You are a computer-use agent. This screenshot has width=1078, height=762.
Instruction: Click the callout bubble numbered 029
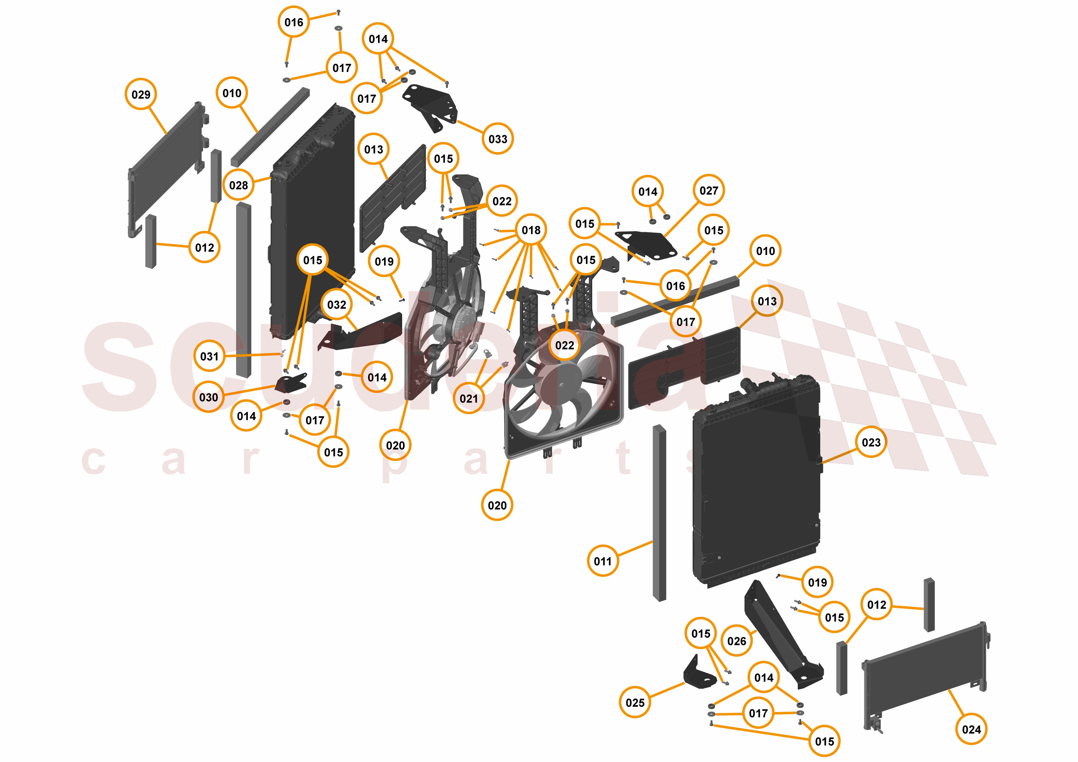pyautogui.click(x=141, y=94)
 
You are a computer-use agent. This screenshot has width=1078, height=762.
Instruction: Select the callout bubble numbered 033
pyautogui.click(x=498, y=139)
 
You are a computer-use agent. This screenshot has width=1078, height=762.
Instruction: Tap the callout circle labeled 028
pyautogui.click(x=238, y=185)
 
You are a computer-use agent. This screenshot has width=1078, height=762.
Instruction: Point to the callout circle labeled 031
pyautogui.click(x=209, y=356)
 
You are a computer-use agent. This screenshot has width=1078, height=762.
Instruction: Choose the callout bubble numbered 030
pyautogui.click(x=209, y=398)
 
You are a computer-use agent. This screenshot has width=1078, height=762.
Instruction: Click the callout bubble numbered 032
pyautogui.click(x=337, y=305)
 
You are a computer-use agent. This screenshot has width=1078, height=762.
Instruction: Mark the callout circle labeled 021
pyautogui.click(x=469, y=398)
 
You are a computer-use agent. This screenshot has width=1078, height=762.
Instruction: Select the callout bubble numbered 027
pyautogui.click(x=709, y=190)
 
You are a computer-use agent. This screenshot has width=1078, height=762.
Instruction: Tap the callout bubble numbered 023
pyautogui.click(x=871, y=442)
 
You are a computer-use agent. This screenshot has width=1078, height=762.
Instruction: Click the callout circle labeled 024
pyautogui.click(x=972, y=729)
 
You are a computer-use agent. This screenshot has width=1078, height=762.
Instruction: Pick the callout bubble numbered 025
pyautogui.click(x=635, y=703)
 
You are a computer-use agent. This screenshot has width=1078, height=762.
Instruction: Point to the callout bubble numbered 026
pyautogui.click(x=737, y=641)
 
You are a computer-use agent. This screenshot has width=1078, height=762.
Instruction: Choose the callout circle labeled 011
pyautogui.click(x=603, y=561)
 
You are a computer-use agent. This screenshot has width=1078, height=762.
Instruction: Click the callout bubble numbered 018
pyautogui.click(x=531, y=230)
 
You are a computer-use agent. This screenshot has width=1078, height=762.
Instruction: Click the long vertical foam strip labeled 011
pyautogui.click(x=659, y=513)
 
